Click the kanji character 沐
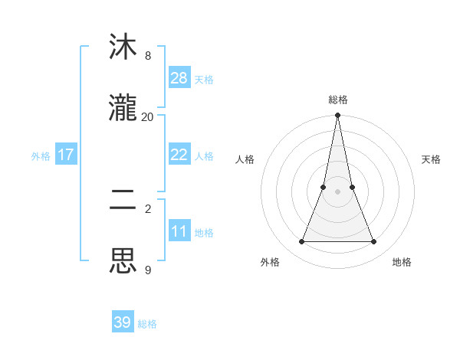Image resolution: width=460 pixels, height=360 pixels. pos(123,47)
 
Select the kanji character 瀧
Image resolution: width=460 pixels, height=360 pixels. pos(123,107)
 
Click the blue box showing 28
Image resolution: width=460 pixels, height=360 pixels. pos(179,78)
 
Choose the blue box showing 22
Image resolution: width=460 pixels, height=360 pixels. pos(179,155)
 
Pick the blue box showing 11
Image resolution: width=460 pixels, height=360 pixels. pos(179,231)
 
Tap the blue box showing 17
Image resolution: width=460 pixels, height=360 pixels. pos(65,155)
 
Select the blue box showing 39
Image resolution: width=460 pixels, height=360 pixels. pos(123,322)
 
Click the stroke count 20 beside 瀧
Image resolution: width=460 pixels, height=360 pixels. pos(148,116)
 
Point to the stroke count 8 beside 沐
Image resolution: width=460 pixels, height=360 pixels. pos(148,56)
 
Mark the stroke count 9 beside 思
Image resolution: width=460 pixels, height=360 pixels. pos(148,270)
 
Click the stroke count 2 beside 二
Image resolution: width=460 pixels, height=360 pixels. pos(148,208)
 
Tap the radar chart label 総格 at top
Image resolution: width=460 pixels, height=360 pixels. pos(337,100)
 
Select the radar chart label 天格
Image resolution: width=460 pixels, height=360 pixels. pos(432,159)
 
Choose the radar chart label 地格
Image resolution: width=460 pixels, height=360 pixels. pos(402,262)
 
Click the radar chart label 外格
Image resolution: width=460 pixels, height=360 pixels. pos(270,262)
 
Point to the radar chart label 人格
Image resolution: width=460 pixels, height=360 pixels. pos(245,159)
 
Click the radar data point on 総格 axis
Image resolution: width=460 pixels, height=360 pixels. pos(337,116)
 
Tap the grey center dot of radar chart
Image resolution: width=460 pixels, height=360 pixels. pos(337,191)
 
